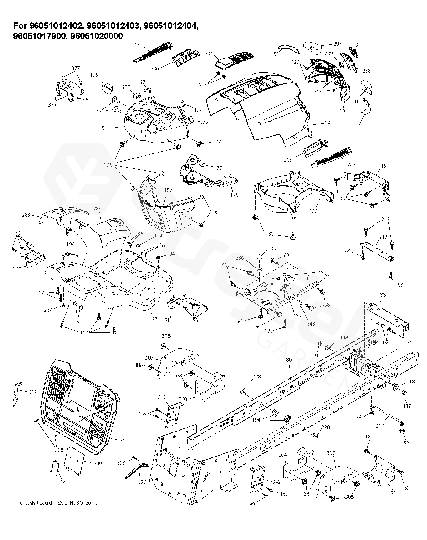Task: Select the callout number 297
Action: [x=337, y=44]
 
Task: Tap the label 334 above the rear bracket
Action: [x=383, y=295]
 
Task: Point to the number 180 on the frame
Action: [x=287, y=360]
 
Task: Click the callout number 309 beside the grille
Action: [x=124, y=441]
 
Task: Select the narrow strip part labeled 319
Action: [x=17, y=394]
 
